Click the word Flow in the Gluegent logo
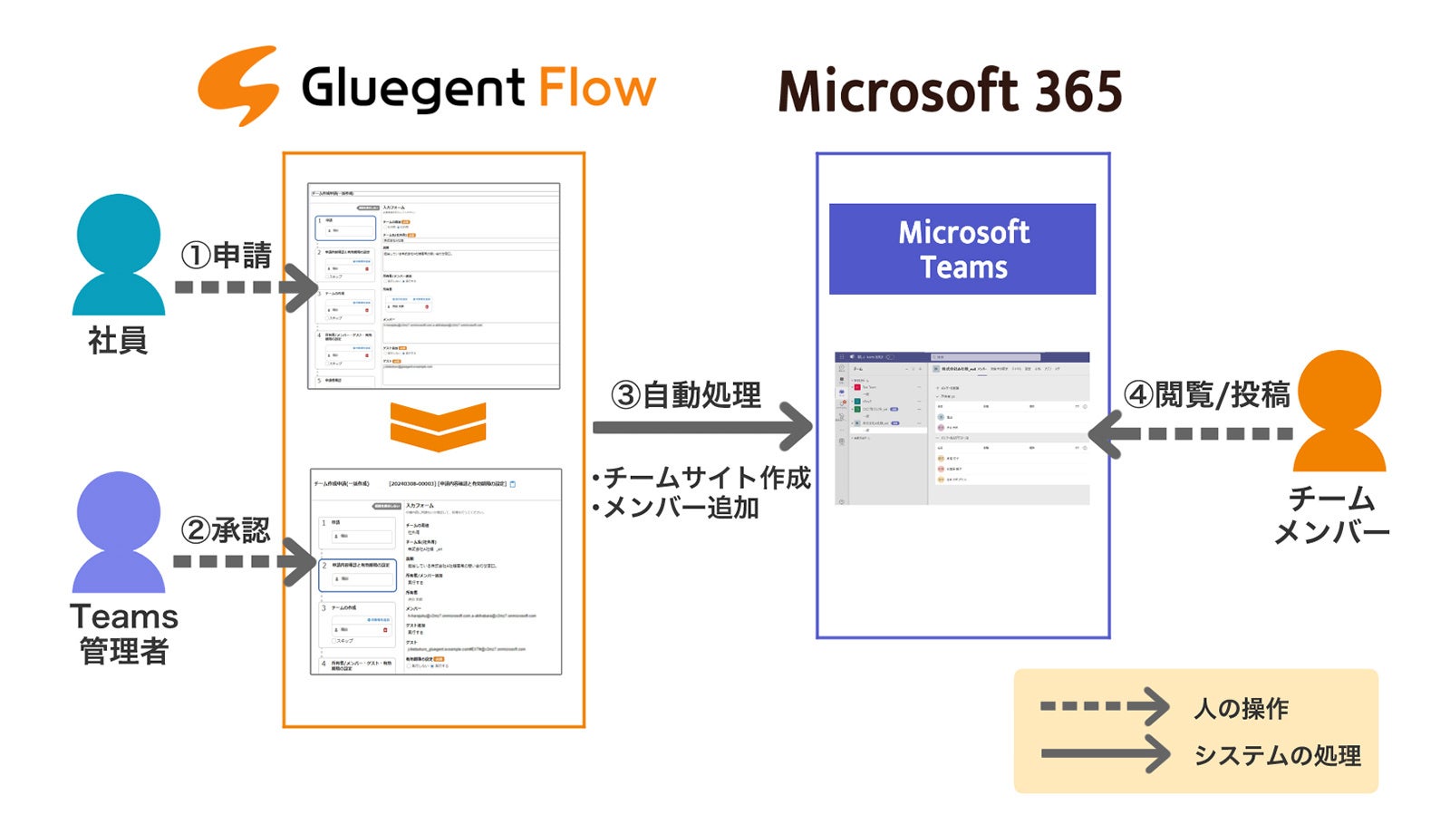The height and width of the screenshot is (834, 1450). (596, 88)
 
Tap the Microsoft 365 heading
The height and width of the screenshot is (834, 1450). (950, 92)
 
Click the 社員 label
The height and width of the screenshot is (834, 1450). (118, 341)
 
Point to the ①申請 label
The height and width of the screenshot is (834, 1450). (226, 256)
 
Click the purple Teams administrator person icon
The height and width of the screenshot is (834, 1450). (119, 532)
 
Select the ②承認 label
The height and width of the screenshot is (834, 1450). (226, 530)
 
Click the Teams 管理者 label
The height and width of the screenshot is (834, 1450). (124, 633)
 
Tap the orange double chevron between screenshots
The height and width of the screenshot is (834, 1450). (438, 426)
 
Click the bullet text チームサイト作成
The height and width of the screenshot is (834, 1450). (701, 477)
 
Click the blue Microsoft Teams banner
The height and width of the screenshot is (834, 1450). (962, 249)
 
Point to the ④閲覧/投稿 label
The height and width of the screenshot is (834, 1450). (1206, 394)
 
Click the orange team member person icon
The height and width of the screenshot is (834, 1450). (1339, 412)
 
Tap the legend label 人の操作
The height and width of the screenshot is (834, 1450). (1241, 708)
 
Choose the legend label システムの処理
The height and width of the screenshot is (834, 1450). (1277, 755)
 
